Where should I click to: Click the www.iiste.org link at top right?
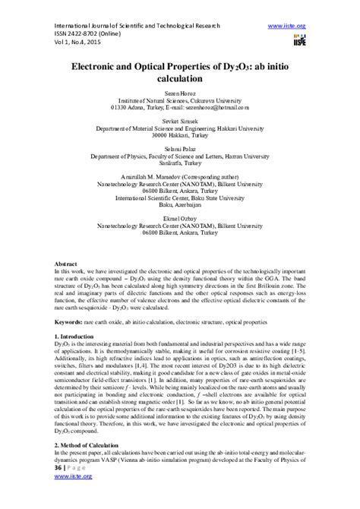(288, 26)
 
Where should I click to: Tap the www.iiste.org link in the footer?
(71, 497)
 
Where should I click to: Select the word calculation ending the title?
(179, 78)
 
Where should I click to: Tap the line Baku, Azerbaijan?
(179, 203)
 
